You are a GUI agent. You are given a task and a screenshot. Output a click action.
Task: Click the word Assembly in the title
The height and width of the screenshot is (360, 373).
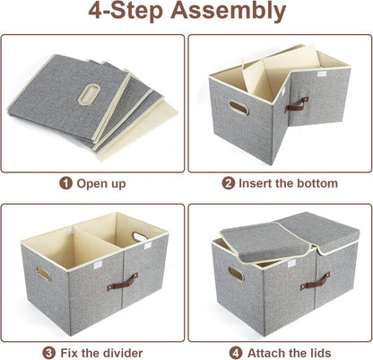point(228,11)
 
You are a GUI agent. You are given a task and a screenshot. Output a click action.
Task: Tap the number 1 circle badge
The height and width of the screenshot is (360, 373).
point(65,183)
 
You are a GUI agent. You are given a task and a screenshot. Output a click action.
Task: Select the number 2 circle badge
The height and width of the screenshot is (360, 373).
point(229,183)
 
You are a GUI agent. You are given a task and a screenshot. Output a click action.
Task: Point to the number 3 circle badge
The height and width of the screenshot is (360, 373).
point(48,353)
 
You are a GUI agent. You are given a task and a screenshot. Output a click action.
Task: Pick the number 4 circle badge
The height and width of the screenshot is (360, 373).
point(236,353)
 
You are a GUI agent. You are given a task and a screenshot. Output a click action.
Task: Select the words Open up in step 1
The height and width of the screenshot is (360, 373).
point(101,183)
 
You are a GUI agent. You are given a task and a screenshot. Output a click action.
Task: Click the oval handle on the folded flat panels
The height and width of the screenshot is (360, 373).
point(89,94)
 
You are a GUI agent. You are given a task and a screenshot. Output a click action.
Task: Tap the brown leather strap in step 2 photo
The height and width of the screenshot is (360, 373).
point(296,103)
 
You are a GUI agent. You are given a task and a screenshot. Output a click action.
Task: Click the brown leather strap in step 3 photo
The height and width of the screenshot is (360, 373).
point(123,282)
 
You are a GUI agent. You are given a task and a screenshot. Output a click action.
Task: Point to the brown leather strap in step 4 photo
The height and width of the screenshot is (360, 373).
point(315,281)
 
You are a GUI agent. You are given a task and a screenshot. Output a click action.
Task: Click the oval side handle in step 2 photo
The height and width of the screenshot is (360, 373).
point(239,108)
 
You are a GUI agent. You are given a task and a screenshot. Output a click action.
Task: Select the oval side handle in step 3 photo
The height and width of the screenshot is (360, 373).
point(44,274)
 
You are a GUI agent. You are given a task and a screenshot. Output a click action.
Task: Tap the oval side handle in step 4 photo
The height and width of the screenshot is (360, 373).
point(236,274)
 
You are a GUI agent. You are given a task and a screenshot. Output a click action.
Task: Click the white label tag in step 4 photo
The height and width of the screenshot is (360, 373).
point(291,263)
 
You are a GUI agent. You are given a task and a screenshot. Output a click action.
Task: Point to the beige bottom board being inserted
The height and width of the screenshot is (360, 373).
point(281,70)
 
